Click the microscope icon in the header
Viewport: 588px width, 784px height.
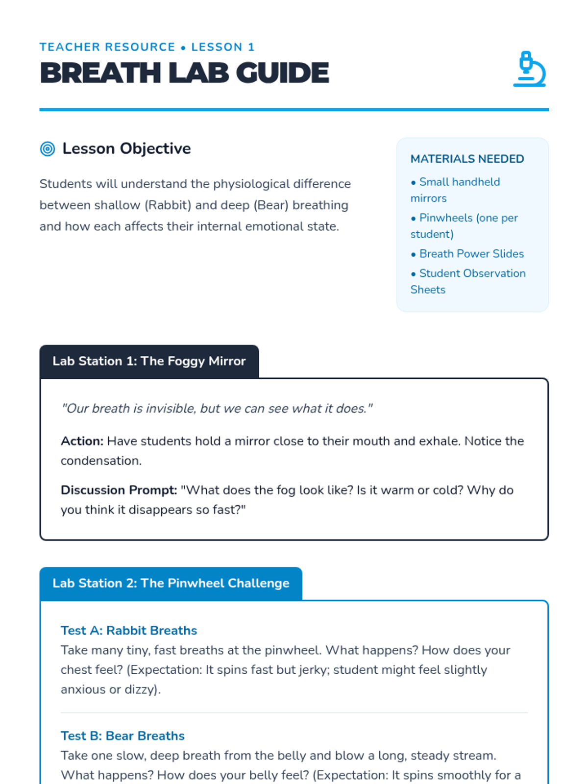point(529,69)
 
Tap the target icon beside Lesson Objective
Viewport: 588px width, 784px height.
point(48,148)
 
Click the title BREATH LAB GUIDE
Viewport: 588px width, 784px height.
point(184,73)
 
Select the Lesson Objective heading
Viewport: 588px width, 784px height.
point(126,148)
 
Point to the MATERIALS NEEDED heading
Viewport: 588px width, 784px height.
point(467,159)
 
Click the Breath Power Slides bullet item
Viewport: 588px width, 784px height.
point(467,254)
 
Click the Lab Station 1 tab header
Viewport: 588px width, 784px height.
point(149,361)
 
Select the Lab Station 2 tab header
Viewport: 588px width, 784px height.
point(171,583)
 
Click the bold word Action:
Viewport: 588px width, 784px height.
point(82,441)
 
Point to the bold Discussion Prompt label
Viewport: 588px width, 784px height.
point(119,490)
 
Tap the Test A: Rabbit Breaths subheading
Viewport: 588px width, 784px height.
point(129,630)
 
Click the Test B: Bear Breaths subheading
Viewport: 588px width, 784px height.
point(122,735)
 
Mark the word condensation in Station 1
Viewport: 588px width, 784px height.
point(100,461)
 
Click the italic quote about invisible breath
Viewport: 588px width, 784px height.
point(217,408)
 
